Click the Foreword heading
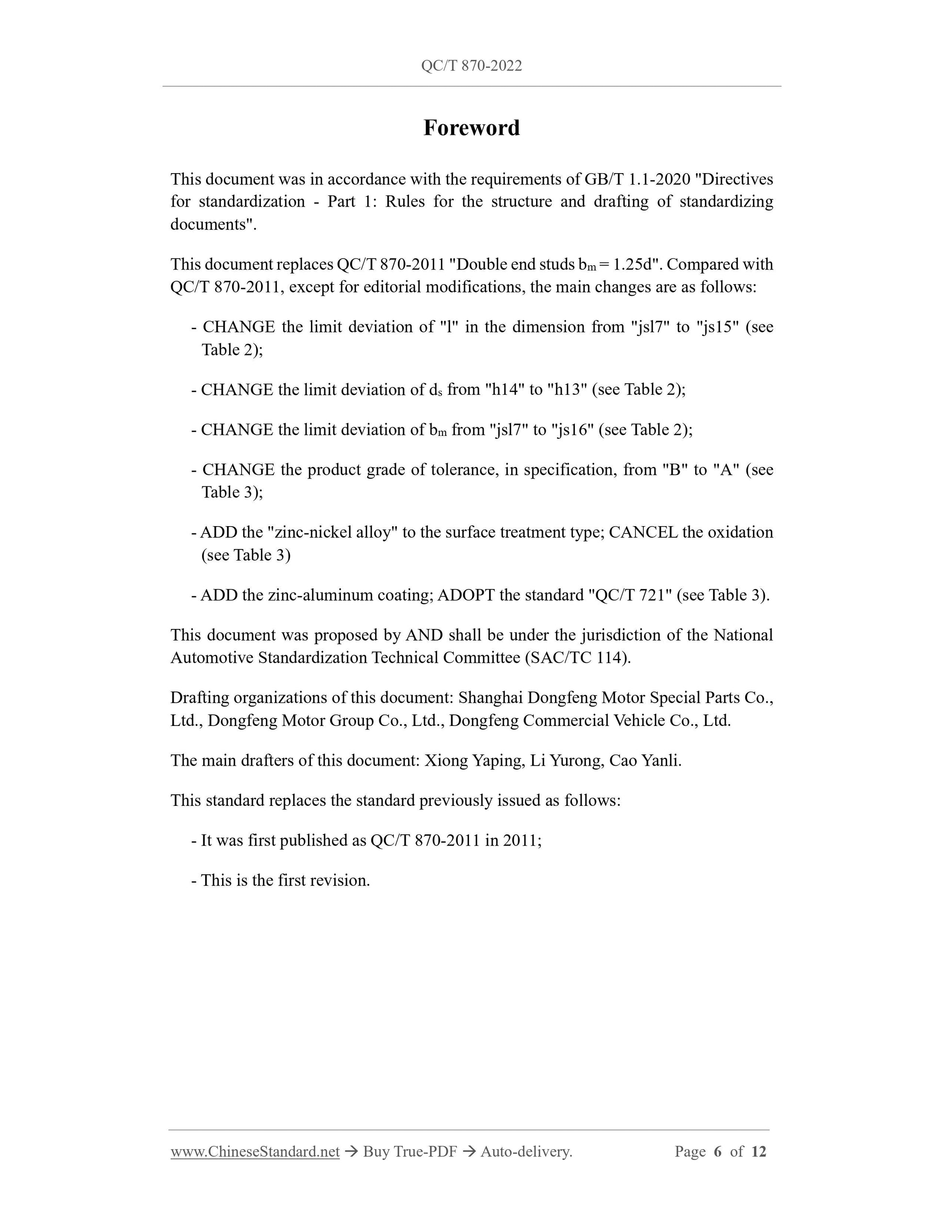pos(472,128)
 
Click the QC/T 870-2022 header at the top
pos(472,66)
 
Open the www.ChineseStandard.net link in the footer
pos(255,1152)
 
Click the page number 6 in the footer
pos(718,1152)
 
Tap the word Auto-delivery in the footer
pos(526,1152)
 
